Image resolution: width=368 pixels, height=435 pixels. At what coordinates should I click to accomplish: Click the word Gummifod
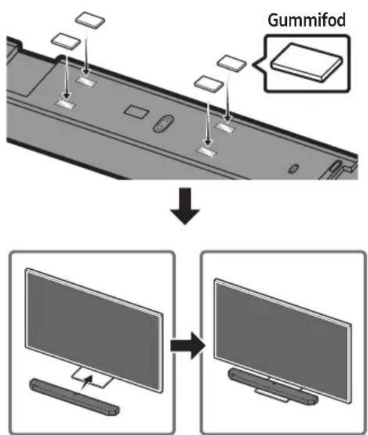pos(307,21)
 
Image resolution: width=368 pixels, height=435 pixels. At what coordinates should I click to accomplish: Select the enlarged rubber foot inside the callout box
pos(306,62)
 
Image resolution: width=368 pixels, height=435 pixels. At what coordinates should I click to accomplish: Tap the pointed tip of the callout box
pos(253,64)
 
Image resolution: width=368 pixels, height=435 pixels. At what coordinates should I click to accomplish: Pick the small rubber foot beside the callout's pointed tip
pos(232,63)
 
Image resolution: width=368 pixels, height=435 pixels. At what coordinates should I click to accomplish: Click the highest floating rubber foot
pos(90,20)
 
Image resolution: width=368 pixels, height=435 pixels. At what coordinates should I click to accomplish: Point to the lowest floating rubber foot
pos(209,83)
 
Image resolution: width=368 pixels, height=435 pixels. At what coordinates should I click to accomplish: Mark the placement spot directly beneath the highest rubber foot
pos(86,81)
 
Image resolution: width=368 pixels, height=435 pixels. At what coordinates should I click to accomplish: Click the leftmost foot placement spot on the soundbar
pos(65,103)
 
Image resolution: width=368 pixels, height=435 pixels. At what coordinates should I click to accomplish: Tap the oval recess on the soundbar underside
pos(163,123)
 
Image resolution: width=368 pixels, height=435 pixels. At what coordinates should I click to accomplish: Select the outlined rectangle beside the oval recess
pos(136,112)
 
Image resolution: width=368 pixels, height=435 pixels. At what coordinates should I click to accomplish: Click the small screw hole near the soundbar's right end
pos(293,168)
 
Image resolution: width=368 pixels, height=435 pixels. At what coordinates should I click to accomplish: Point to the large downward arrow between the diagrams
pos(185,206)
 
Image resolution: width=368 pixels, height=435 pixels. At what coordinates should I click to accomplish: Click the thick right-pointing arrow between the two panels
pos(188,346)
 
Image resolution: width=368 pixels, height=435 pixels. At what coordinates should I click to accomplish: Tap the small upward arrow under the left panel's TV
pos(87,382)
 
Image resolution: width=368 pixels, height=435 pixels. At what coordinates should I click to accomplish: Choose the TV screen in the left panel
pos(94,330)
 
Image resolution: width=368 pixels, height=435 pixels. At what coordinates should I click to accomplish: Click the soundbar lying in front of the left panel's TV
pos(75,397)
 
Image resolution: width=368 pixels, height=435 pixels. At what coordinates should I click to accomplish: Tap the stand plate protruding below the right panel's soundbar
pos(272,395)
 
